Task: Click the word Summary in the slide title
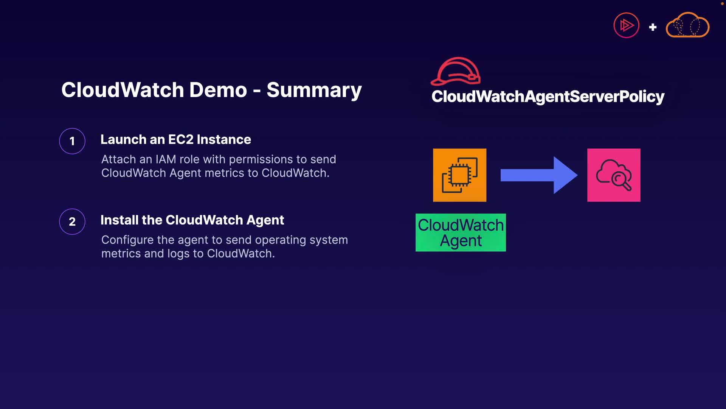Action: (314, 90)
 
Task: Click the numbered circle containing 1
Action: (72, 141)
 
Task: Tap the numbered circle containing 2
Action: (72, 222)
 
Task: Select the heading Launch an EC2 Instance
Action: (175, 139)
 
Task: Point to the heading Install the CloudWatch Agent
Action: (192, 220)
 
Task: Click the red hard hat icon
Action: (456, 71)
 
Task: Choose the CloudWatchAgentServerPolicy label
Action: (548, 97)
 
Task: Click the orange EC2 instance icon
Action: (459, 175)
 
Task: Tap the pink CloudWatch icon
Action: (614, 175)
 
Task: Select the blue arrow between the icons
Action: (538, 175)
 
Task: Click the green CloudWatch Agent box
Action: (461, 233)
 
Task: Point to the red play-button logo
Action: (626, 26)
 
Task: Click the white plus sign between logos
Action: (653, 27)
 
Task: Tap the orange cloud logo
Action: (687, 26)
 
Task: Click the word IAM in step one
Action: (166, 159)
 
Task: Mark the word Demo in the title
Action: (218, 90)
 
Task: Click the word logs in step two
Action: (178, 254)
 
